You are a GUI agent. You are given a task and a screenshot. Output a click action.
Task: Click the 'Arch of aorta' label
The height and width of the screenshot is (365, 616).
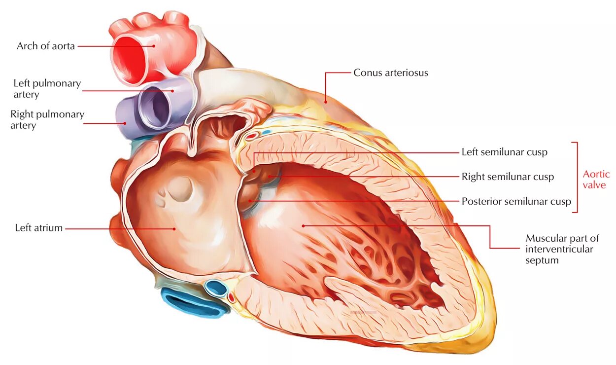pyautogui.click(x=45, y=46)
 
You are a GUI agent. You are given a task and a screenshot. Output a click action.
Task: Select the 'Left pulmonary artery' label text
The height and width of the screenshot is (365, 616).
pyautogui.click(x=47, y=88)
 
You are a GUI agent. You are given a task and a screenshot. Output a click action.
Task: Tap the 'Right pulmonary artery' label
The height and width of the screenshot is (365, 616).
pyautogui.click(x=47, y=120)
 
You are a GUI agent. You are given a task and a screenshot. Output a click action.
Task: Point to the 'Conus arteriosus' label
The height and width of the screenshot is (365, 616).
pyautogui.click(x=390, y=73)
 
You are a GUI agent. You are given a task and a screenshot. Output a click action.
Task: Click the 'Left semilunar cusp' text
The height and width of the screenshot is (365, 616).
pyautogui.click(x=504, y=152)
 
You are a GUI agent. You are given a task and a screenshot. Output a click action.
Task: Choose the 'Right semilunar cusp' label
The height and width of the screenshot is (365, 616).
pyautogui.click(x=508, y=177)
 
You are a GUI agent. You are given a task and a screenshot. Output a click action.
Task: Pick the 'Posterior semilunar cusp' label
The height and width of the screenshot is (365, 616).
pyautogui.click(x=516, y=201)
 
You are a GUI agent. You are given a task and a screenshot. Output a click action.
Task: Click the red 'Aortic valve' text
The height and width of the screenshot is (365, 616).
pyautogui.click(x=596, y=180)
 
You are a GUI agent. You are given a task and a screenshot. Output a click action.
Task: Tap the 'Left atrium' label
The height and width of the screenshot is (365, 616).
pyautogui.click(x=39, y=228)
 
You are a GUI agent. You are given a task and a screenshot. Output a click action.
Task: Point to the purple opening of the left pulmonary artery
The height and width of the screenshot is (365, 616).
pyautogui.click(x=159, y=108)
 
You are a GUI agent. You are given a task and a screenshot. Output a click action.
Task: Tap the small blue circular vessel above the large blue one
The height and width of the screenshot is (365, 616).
pyautogui.click(x=215, y=288)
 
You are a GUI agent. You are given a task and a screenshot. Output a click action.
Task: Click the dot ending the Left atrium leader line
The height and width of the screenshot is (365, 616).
pyautogui.click(x=174, y=228)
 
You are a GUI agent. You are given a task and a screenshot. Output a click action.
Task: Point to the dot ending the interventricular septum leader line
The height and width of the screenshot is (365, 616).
pyautogui.click(x=304, y=226)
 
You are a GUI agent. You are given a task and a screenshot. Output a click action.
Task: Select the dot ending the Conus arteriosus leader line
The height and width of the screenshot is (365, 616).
pyautogui.click(x=325, y=102)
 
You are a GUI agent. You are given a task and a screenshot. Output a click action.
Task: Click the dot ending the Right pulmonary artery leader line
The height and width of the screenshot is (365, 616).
pyautogui.click(x=125, y=123)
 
